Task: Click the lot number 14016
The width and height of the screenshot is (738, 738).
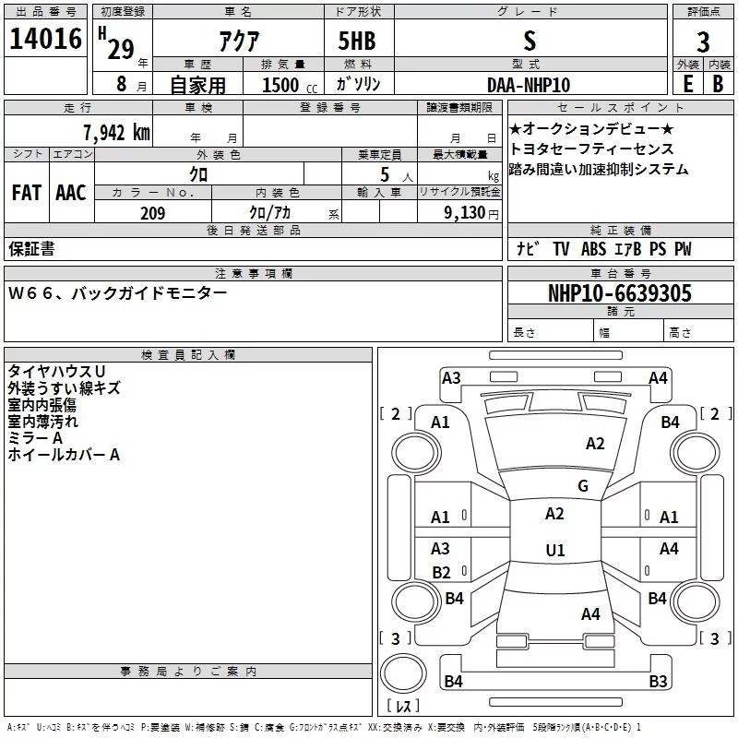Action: click(45, 39)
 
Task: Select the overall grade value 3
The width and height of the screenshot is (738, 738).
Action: click(703, 42)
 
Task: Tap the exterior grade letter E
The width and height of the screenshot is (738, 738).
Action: click(688, 84)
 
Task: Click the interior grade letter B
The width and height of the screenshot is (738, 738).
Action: click(718, 84)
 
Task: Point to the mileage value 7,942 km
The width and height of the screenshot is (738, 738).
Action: click(117, 132)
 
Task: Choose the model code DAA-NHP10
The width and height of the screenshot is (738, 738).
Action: click(529, 85)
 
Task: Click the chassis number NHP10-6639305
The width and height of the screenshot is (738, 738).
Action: click(620, 293)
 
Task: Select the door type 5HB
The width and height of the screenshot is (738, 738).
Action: click(357, 41)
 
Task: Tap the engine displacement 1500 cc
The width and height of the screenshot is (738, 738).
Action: click(290, 85)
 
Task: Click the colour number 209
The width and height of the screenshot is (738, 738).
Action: click(152, 213)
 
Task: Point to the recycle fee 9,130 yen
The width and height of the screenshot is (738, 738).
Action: click(471, 213)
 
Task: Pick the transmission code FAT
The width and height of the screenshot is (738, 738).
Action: click(27, 193)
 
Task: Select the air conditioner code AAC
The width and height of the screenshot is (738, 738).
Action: click(71, 193)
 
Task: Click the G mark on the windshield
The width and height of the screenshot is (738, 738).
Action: click(583, 485)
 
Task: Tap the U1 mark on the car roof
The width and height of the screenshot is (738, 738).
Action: click(555, 550)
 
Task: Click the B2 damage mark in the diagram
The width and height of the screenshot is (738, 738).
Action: click(441, 572)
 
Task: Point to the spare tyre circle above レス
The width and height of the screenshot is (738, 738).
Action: click(403, 673)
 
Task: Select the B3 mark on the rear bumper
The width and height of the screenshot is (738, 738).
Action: click(658, 681)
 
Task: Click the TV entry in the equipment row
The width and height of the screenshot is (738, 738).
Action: click(561, 249)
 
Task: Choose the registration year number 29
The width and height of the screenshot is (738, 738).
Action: click(121, 49)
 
